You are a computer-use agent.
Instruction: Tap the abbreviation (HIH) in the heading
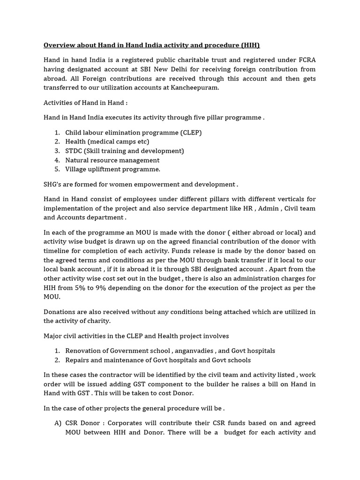(250, 45)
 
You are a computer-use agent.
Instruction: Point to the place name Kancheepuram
(196, 88)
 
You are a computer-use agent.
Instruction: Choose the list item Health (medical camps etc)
(107, 142)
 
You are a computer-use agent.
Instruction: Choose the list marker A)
(58, 423)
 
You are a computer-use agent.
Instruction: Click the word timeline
(57, 251)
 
